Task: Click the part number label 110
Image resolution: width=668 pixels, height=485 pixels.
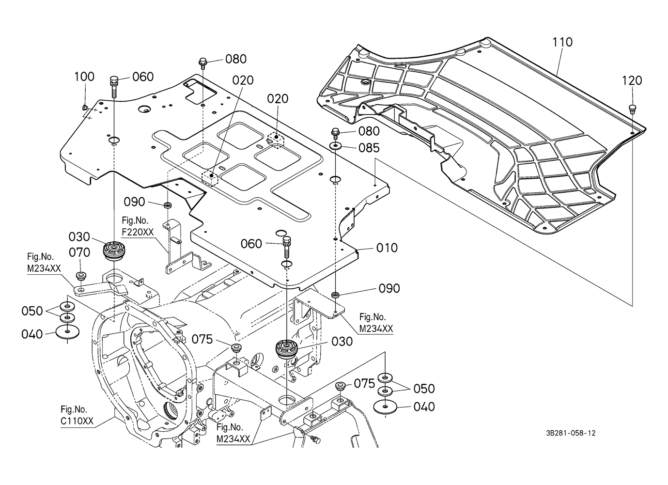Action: point(562,42)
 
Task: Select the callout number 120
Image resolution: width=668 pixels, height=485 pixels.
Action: point(632,80)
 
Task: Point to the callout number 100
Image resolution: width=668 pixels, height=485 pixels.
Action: point(84,77)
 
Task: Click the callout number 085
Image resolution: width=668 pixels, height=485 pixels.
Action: point(369,148)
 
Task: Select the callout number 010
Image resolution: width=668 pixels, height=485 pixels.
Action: point(387,248)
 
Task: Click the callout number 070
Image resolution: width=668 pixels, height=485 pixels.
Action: point(79,252)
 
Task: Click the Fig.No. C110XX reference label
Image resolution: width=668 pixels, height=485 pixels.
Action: point(77,416)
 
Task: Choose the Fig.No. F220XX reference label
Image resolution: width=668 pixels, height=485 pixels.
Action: point(138,227)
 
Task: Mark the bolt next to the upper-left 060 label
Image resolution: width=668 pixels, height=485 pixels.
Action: point(114,85)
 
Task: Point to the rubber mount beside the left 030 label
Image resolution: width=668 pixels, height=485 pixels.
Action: point(113,250)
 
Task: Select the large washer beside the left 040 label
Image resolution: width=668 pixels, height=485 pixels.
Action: point(67,333)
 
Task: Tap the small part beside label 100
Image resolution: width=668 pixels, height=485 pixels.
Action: point(84,107)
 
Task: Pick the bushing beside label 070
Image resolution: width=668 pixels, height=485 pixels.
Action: point(80,277)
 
